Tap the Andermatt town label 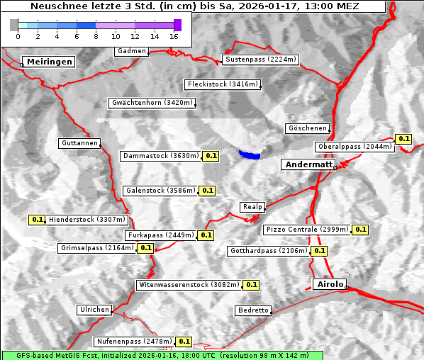(308, 164)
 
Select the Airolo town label (329, 284)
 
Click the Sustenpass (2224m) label (260, 60)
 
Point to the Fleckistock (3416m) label (222, 85)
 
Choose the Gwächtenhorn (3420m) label (152, 103)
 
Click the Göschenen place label (307, 128)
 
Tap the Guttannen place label (79, 143)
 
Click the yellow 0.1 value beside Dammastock (211, 156)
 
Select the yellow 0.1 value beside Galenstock (207, 191)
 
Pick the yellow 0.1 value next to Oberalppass (403, 139)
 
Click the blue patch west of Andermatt (250, 154)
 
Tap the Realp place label (252, 207)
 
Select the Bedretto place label (253, 310)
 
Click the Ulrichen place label (94, 310)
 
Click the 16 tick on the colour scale (174, 35)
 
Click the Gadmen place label (132, 51)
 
